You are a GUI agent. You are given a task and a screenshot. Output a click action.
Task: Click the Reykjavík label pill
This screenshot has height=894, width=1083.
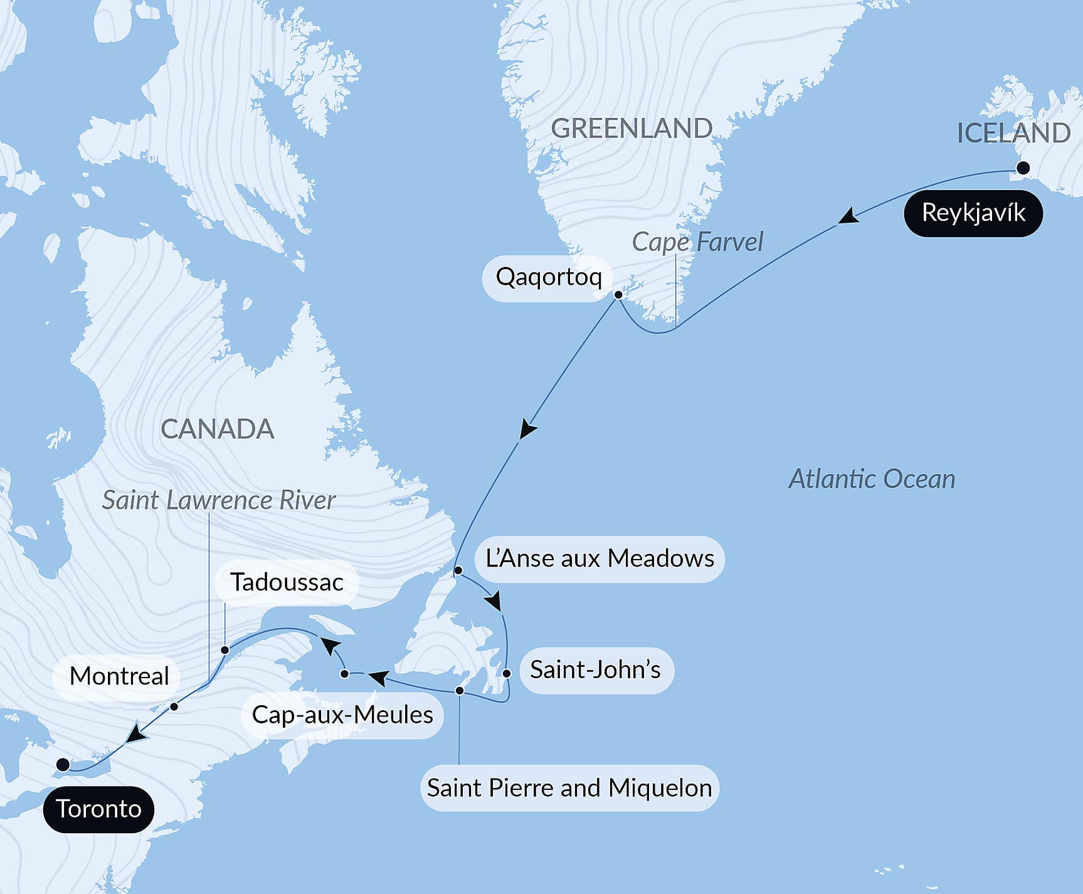pos(973,213)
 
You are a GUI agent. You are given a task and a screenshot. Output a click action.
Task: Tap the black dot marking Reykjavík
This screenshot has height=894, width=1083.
pos(1023,168)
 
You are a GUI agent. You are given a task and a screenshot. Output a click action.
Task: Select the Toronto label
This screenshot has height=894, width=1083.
pos(98,809)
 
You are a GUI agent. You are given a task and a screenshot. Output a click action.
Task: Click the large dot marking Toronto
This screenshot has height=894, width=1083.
pos(63,764)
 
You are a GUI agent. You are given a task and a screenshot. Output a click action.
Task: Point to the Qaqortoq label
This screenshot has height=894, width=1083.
pos(548,277)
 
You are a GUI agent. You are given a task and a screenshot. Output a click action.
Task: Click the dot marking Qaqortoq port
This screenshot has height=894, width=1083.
pos(618,294)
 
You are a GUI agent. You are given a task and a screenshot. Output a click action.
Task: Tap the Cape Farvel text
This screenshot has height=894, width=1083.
pos(697,242)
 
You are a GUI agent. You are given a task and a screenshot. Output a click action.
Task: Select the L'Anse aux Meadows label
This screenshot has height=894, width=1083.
pos(600,559)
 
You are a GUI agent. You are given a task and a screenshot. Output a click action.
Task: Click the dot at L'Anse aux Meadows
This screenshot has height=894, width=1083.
pos(458,570)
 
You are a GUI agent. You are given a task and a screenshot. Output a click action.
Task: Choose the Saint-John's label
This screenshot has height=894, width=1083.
pos(596,670)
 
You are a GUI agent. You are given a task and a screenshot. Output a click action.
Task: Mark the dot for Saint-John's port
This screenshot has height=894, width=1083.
pos(507,673)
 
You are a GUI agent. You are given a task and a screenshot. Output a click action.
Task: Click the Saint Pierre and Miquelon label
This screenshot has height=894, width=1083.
pos(569,788)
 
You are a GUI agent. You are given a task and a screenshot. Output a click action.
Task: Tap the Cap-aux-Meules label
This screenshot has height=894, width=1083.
pos(342,715)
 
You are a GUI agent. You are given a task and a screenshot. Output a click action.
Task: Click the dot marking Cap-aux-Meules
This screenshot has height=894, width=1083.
pos(344,674)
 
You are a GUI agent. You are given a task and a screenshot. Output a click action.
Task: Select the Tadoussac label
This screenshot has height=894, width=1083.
pos(287,582)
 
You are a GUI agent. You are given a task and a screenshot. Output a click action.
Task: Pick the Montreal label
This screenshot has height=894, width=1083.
pos(119,676)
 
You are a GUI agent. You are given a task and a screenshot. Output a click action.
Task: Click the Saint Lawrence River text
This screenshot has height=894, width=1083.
pos(219,501)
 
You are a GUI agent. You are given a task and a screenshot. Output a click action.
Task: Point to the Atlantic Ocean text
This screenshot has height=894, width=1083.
pos(872,479)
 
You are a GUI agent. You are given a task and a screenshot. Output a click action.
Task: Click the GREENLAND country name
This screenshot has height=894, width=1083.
pos(631,129)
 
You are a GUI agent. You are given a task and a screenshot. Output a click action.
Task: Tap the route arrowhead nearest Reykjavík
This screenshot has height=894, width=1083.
pos(848,216)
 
